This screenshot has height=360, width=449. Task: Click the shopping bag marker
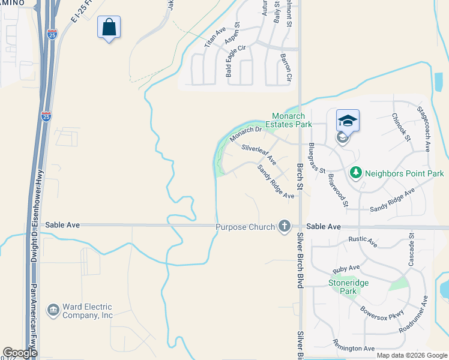(x=109, y=27)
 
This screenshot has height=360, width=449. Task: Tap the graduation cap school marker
(x=348, y=121)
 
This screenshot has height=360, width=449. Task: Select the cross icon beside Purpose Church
(x=284, y=227)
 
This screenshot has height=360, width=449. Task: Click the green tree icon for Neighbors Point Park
(x=355, y=173)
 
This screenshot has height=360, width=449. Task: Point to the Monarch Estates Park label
(x=292, y=120)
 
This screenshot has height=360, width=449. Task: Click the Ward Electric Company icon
(x=53, y=310)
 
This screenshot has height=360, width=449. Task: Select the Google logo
(x=20, y=353)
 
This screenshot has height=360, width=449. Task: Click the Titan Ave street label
(x=214, y=37)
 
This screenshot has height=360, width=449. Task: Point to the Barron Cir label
(x=286, y=68)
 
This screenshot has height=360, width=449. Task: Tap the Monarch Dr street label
(x=246, y=134)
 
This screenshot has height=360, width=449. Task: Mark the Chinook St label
(x=401, y=127)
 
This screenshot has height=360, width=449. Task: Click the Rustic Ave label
(x=363, y=242)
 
